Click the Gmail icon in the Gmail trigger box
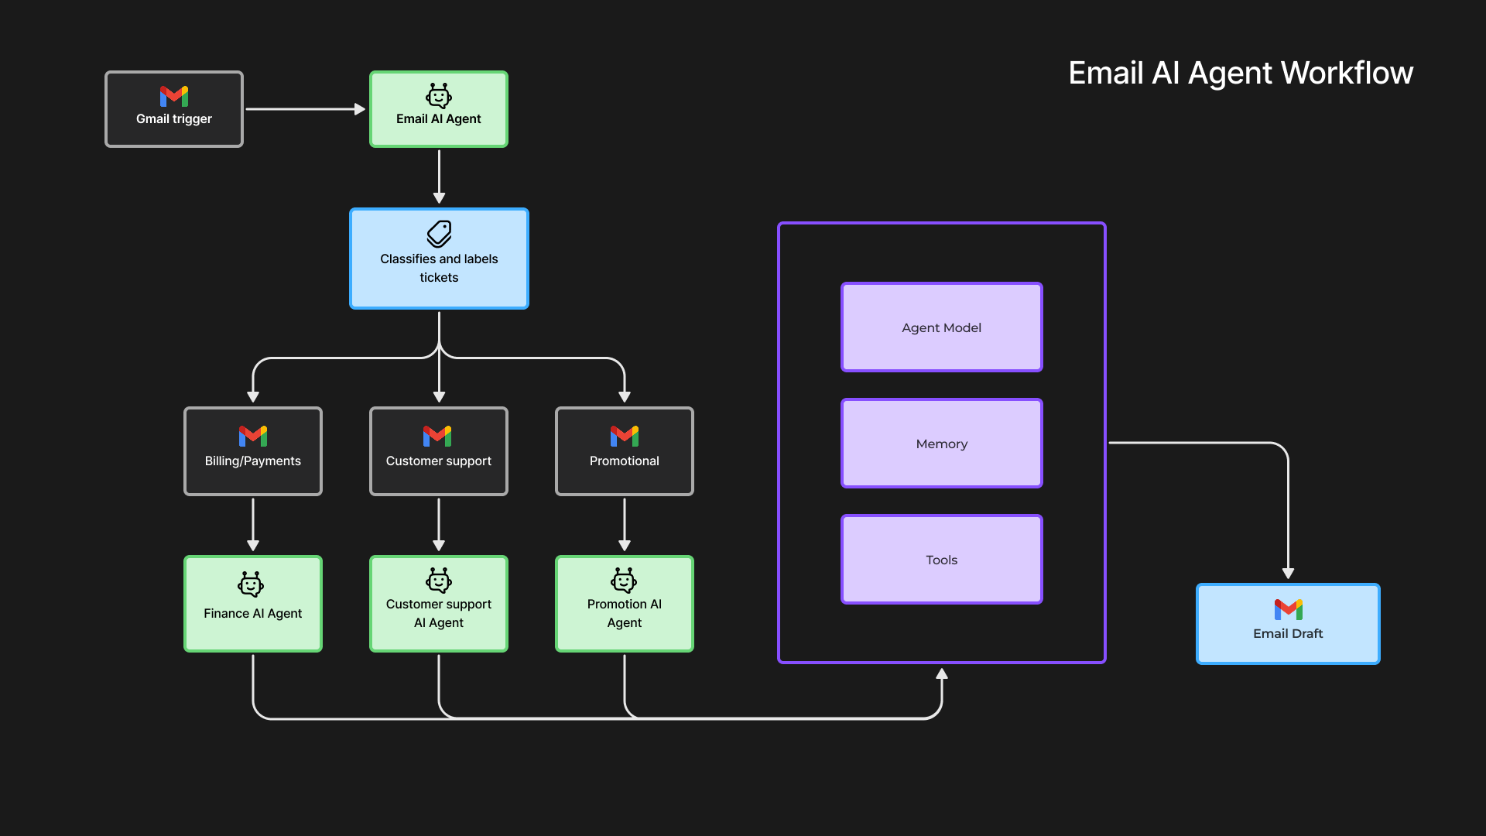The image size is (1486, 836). [x=174, y=96]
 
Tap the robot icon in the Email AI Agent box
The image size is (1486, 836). [x=439, y=96]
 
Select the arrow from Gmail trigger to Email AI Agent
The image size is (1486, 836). [x=305, y=109]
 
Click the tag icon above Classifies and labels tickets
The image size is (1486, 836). [x=439, y=234]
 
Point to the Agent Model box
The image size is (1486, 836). [x=941, y=327]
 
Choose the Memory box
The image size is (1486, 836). [x=941, y=444]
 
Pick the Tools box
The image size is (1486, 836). [x=941, y=560]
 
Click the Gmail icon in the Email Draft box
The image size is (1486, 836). [x=1288, y=609]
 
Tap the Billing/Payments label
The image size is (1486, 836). [x=253, y=461]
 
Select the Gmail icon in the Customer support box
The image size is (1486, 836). [x=437, y=436]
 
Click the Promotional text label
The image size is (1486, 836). [x=625, y=461]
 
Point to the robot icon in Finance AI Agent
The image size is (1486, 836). [x=251, y=584]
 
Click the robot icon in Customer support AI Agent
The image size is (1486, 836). [x=439, y=580]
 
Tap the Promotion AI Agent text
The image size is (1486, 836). [x=625, y=613]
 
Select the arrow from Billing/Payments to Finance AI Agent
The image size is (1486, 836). [x=253, y=524]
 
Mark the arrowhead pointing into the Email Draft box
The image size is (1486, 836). [x=1288, y=574]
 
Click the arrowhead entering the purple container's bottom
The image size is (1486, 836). [x=942, y=673]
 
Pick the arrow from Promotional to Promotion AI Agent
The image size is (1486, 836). [x=625, y=524]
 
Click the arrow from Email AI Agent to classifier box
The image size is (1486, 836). [x=439, y=176]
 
